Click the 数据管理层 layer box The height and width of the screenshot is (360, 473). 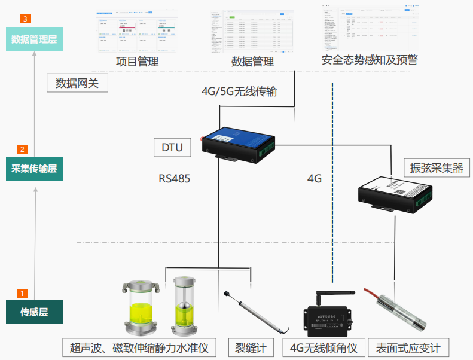[x=34, y=39]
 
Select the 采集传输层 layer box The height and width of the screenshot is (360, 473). [x=34, y=169]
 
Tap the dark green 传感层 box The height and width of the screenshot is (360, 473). [x=34, y=312]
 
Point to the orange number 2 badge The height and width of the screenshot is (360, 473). [x=23, y=149]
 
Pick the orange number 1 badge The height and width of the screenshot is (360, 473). [x=23, y=294]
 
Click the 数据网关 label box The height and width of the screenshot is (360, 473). [x=77, y=83]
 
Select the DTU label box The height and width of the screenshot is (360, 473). [x=172, y=147]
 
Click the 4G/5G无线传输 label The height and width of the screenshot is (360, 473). [x=239, y=91]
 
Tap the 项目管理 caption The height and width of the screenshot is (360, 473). [x=137, y=61]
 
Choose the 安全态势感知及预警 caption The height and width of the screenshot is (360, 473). [x=370, y=60]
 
